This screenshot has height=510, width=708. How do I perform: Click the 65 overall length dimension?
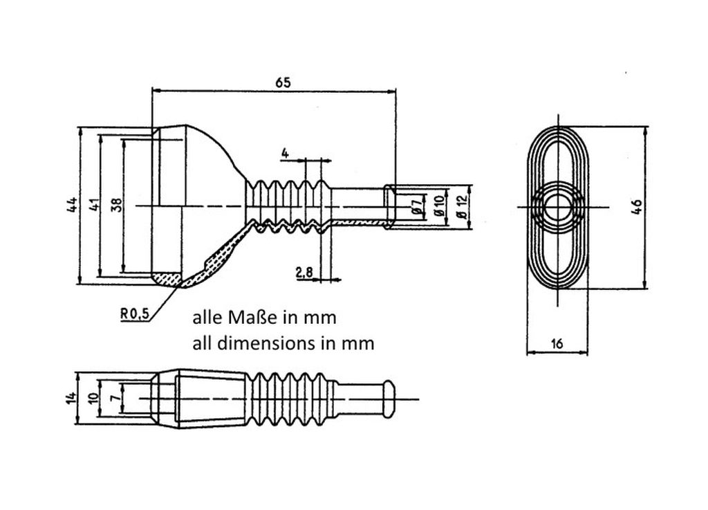(283, 82)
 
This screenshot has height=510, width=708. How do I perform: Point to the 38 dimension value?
(116, 206)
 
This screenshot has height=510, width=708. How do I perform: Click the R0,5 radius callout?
(135, 313)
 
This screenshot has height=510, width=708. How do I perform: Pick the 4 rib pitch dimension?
(284, 153)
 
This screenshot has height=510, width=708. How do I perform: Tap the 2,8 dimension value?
(304, 272)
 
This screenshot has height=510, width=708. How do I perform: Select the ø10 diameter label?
(440, 206)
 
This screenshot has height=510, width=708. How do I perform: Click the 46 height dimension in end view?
(636, 207)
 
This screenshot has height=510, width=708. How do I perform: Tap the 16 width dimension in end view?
(557, 344)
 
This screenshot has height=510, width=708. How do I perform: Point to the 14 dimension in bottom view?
(71, 397)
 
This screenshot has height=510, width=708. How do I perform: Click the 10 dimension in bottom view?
(93, 398)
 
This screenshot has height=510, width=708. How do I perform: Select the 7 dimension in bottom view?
(116, 398)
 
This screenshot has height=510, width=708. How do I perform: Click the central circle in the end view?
(558, 207)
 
